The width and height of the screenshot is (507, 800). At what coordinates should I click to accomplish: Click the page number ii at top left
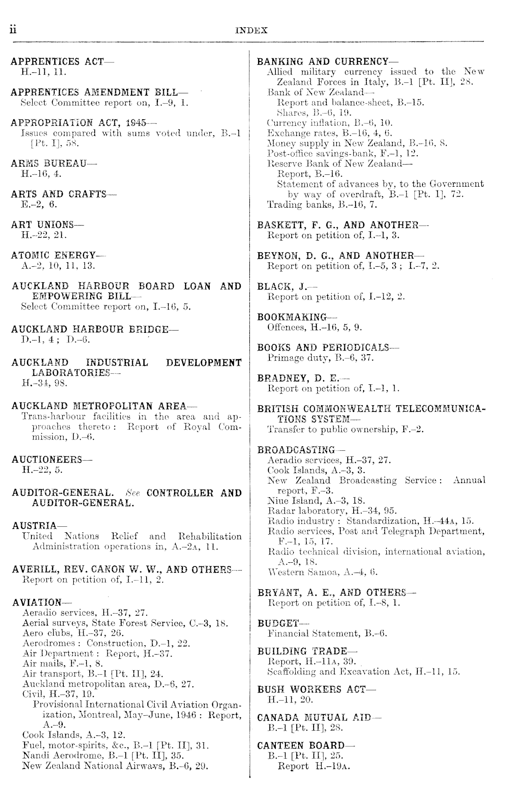click(14, 30)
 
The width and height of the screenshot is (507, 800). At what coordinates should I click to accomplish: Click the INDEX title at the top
click(252, 31)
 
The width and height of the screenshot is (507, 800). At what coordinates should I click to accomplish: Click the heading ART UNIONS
click(47, 224)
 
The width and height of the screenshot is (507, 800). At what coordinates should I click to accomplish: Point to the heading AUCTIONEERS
click(51, 459)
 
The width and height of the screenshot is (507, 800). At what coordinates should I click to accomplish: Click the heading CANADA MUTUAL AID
click(319, 717)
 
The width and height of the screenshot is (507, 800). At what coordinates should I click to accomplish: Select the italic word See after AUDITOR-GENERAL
click(133, 493)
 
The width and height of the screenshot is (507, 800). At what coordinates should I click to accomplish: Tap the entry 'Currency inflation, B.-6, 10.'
click(330, 122)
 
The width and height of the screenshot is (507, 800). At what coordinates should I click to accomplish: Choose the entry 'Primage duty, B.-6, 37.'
click(321, 358)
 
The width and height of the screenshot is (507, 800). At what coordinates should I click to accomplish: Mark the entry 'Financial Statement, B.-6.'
click(327, 633)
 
